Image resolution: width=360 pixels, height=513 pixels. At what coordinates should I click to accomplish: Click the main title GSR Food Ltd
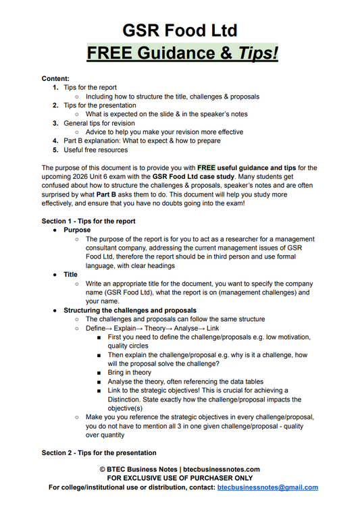[x=180, y=30]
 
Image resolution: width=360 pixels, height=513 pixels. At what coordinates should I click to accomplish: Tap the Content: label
[x=55, y=78]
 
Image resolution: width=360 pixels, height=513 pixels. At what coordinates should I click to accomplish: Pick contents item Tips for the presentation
[x=99, y=105]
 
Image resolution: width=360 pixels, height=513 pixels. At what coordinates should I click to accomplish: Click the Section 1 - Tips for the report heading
[x=88, y=221]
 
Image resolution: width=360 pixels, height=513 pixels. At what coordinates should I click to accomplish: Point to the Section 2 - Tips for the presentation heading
[x=99, y=452]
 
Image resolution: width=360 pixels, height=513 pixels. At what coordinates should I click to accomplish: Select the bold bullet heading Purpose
[x=77, y=230]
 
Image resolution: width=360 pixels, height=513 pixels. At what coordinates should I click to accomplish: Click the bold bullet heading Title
[x=71, y=275]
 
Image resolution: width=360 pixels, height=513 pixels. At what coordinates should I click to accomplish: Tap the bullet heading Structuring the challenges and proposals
[x=129, y=310]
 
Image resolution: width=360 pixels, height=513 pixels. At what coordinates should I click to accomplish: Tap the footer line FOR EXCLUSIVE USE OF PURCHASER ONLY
[x=180, y=478]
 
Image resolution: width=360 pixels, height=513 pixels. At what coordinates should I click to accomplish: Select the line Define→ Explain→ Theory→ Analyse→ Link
[x=152, y=328]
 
